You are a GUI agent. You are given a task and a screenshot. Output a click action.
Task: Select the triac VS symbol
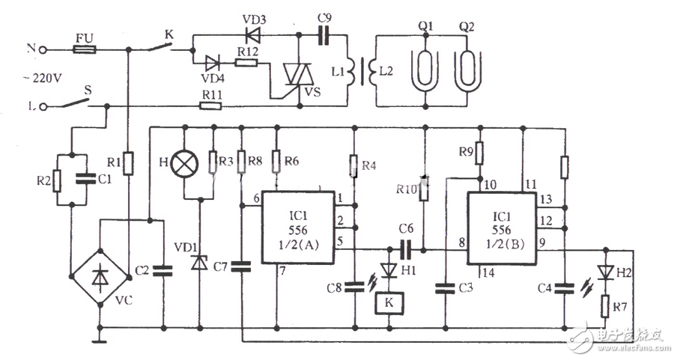(296, 75)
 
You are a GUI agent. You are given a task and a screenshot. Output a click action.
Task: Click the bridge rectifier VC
(99, 277)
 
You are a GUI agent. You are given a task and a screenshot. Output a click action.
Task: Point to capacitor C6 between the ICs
(405, 247)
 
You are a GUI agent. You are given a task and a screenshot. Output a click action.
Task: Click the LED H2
(606, 271)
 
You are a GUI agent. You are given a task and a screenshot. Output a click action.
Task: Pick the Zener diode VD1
(200, 263)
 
